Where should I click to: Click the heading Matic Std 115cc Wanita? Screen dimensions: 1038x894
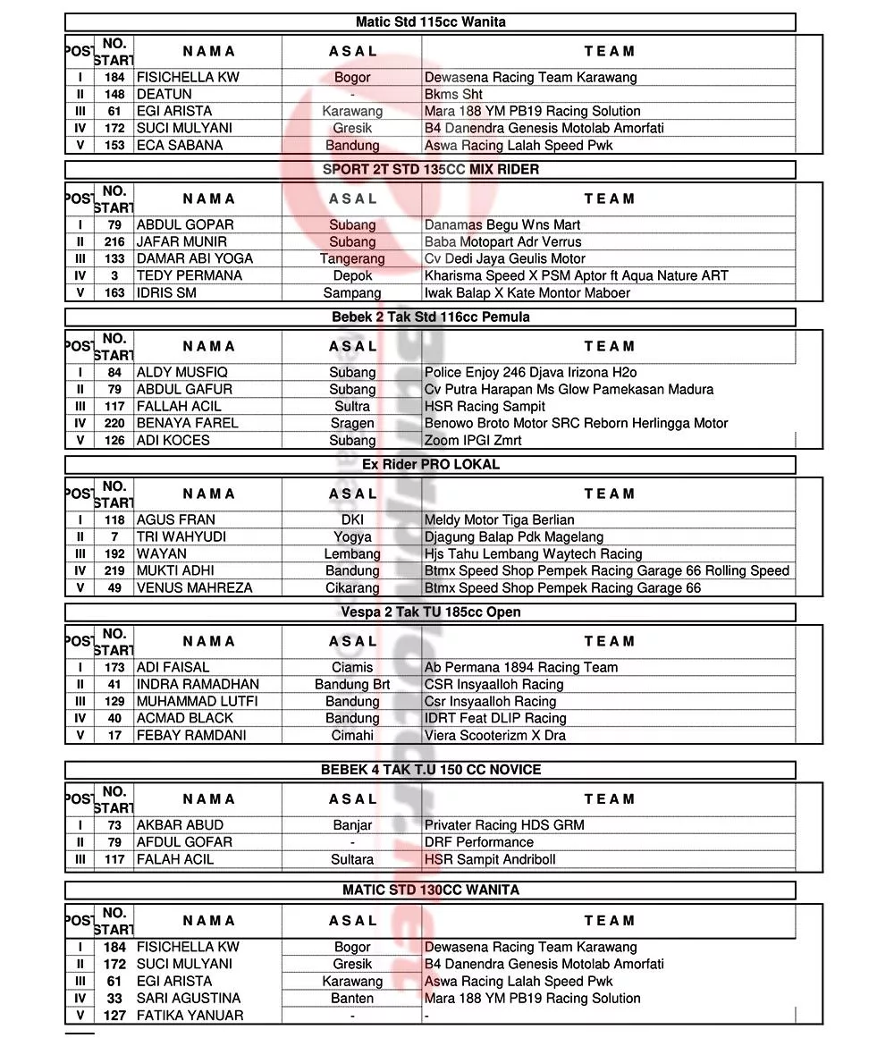430,22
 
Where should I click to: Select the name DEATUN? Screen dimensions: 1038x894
164,94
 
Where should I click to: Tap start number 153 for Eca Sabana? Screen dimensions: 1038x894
114,145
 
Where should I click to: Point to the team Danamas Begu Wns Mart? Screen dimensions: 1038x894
502,224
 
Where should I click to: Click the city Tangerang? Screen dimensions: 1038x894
352,258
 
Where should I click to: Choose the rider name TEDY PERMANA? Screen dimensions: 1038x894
190,275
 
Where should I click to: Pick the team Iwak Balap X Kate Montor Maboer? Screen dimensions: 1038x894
527,292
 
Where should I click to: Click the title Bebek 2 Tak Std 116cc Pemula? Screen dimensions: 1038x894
430,316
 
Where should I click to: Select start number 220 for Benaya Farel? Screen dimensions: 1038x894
114,423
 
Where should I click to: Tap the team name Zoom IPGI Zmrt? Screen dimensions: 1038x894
473,440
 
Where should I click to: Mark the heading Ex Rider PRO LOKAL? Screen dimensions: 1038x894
430,464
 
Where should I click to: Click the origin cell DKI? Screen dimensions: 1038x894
352,519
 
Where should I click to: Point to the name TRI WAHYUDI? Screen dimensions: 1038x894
181,536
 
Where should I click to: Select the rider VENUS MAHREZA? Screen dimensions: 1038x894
195,587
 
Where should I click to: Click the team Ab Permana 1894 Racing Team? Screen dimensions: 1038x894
521,667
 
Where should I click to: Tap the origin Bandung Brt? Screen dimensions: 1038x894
352,684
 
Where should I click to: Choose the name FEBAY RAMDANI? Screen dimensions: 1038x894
191,735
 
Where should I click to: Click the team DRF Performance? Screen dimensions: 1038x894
479,842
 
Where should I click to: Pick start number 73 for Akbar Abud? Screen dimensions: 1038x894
114,825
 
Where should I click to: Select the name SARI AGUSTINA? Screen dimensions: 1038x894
189,998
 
